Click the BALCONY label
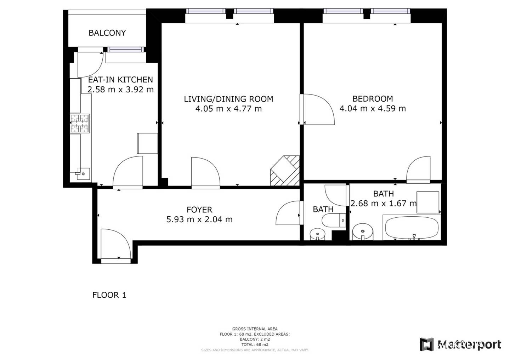107,33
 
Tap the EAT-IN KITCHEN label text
120,80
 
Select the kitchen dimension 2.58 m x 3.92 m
120,90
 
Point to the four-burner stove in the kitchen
79,123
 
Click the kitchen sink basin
83,174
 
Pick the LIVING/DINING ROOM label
228,99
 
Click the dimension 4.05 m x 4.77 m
228,109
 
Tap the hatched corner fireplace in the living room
285,171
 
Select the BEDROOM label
373,99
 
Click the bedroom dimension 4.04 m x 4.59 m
373,109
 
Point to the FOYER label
199,210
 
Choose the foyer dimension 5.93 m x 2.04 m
199,219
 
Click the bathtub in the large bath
412,228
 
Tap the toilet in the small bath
334,220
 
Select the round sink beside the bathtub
363,232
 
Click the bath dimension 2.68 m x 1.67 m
384,203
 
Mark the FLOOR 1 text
109,295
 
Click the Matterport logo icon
427,344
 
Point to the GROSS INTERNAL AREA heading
255,329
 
